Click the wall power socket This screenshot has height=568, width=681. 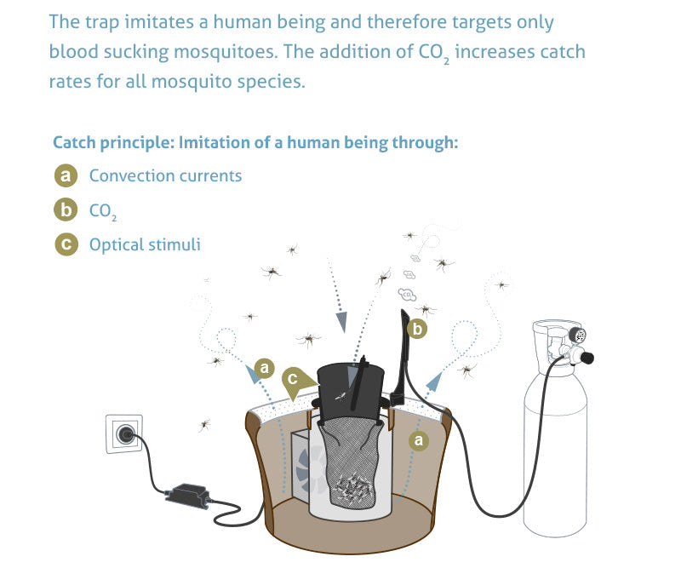coord(125,433)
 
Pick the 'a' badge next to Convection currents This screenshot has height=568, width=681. coord(66,176)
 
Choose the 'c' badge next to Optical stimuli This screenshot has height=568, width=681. coord(66,244)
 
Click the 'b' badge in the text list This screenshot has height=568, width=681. coord(66,210)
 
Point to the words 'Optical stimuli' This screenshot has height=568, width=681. coord(145,244)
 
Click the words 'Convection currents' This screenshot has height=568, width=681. coord(165,176)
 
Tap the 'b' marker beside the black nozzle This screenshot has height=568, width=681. coord(418,328)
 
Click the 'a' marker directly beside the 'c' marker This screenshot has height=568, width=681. coord(265,368)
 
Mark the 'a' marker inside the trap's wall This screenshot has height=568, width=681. coord(417,439)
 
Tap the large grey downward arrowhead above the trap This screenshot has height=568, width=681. coord(340,320)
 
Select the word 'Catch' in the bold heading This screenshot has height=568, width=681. coord(72,142)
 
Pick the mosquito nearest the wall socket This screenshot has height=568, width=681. coord(204,423)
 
